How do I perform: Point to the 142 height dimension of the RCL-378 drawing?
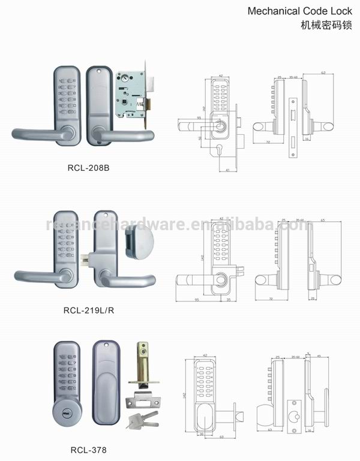182,396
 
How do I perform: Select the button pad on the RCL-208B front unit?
64,97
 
